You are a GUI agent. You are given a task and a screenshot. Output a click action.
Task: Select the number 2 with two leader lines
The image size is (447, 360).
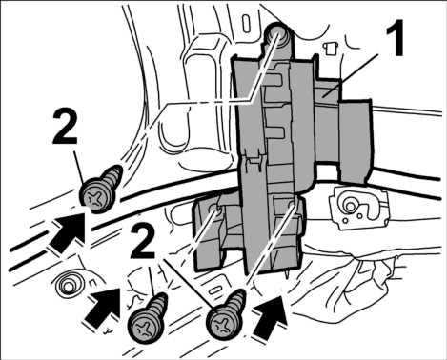[143, 240]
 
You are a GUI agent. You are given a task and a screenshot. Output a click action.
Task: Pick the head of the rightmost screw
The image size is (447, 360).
[223, 324]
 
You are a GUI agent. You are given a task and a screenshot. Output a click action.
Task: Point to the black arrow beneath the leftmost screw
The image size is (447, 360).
[67, 231]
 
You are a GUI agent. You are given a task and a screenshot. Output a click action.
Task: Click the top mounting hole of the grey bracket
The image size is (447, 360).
[277, 33]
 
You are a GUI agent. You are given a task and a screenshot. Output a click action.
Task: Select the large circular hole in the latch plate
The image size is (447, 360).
[351, 206]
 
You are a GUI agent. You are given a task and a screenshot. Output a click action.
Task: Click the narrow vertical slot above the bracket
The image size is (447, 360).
[247, 25]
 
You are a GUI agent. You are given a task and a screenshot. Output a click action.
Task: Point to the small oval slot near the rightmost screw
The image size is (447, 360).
[215, 290]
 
